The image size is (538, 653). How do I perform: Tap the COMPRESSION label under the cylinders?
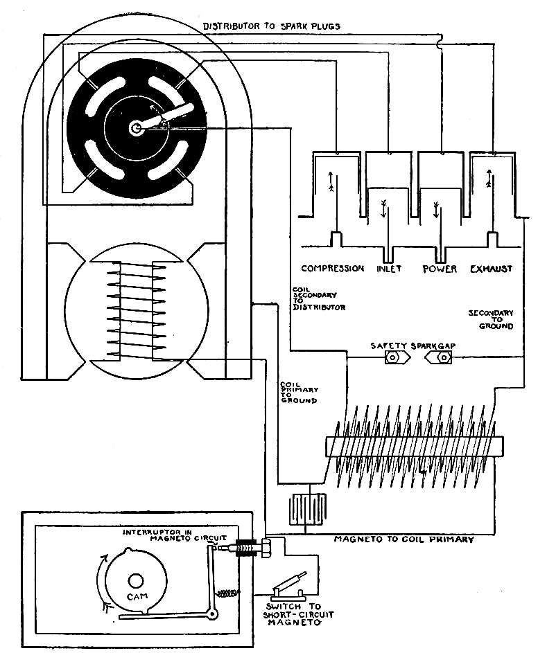pyautogui.click(x=333, y=268)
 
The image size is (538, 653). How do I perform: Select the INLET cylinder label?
pyautogui.click(x=390, y=268)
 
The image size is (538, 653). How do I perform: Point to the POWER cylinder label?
pyautogui.click(x=440, y=268)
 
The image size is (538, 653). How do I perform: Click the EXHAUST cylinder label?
pyautogui.click(x=491, y=268)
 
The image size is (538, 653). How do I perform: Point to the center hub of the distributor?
pyautogui.click(x=137, y=127)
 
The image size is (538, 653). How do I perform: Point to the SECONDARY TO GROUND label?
pyautogui.click(x=490, y=319)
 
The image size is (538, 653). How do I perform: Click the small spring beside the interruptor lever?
pyautogui.click(x=226, y=594)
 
